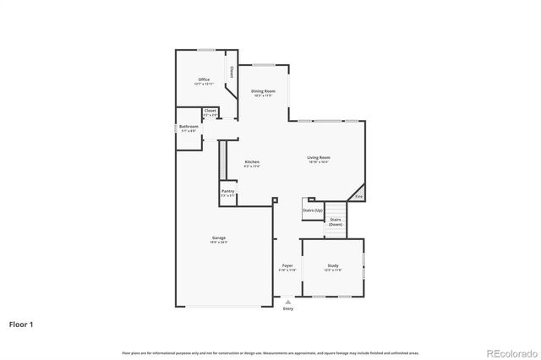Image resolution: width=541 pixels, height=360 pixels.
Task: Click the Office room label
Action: coord(204,79)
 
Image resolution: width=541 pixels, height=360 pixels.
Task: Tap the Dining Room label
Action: coord(263,90)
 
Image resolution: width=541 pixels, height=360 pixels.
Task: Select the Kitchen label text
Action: coord(252,161)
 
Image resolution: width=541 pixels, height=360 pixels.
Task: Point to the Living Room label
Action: coord(318,157)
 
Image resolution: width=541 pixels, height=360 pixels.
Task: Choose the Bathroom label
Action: coord(189,126)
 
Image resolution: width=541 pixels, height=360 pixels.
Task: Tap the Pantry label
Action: coord(228,191)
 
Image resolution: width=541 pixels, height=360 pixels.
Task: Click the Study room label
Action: coord(333,265)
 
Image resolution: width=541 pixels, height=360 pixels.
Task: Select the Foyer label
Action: coord(287,265)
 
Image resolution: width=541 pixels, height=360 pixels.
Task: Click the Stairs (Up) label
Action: coord(313,209)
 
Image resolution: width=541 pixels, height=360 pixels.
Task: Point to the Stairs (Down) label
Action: coord(336,221)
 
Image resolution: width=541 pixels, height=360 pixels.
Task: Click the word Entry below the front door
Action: coord(288,308)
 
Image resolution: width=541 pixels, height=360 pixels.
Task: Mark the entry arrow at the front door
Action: coord(288,301)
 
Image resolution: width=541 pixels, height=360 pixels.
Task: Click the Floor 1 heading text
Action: coord(22,324)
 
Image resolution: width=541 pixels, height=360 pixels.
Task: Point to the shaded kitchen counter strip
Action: coord(223,160)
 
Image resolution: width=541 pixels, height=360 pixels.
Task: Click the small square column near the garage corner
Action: coord(275,200)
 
